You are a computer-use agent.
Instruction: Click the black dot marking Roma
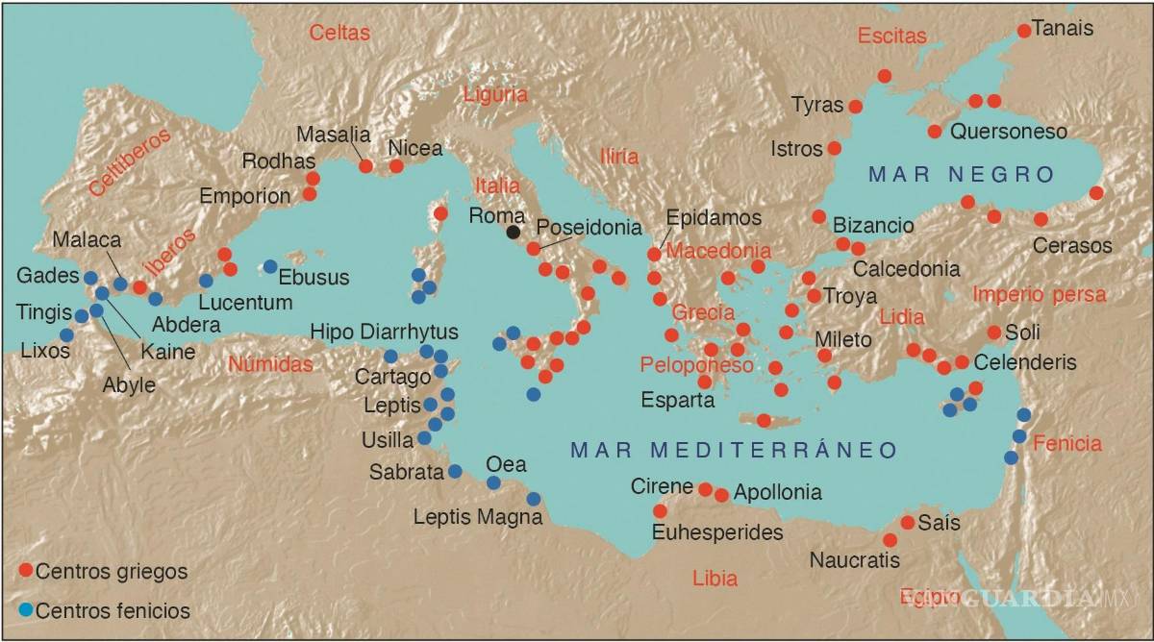point(514,232)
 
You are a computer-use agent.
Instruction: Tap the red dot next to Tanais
point(1024,31)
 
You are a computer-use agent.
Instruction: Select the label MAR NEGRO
point(962,174)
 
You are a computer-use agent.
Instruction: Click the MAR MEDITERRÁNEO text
point(734,450)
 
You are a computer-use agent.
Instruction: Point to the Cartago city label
point(392,377)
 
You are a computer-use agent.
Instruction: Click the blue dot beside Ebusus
point(270,266)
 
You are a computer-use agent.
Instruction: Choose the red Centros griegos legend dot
point(26,571)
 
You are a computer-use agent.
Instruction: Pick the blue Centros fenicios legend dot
point(26,610)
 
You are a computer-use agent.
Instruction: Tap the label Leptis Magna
point(478,517)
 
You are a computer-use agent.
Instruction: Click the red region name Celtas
point(339,34)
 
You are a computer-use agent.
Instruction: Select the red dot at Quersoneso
point(935,132)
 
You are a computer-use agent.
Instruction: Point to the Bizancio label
point(873,225)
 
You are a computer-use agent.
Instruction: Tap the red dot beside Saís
point(907,523)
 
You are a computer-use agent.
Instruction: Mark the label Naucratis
point(855,560)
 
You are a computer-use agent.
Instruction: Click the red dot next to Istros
point(834,148)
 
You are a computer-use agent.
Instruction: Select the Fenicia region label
point(1067,444)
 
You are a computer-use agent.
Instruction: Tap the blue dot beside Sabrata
point(455,471)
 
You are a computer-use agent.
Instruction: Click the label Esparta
point(678,400)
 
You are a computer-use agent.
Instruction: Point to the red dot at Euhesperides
point(660,511)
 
